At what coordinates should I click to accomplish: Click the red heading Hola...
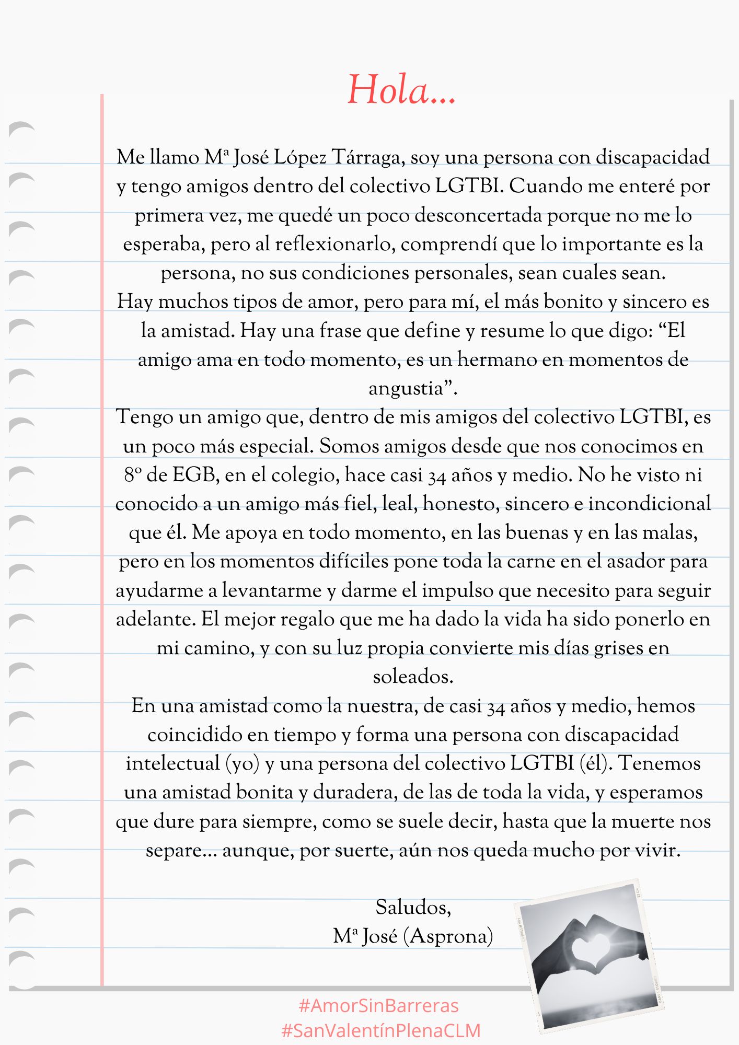[401, 90]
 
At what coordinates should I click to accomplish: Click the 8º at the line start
[133, 475]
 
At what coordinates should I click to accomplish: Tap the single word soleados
[413, 677]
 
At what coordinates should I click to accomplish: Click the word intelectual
[172, 763]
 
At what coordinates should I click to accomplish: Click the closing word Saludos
[413, 908]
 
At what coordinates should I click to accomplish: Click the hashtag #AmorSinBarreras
[378, 1006]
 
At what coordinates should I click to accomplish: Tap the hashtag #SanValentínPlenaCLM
[380, 1030]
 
